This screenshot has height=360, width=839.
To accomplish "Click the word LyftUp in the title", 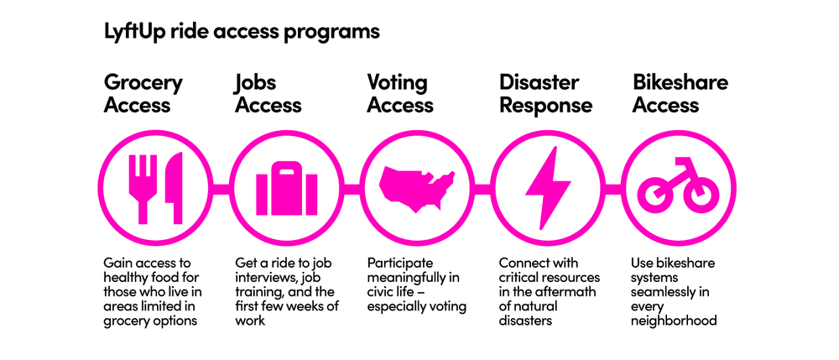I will click(x=133, y=32).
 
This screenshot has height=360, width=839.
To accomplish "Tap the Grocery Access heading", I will click(x=143, y=94).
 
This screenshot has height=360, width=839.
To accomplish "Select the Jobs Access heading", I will click(x=268, y=94).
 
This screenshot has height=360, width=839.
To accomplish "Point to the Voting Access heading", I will click(x=400, y=94).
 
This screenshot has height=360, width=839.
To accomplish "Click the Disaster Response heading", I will click(x=545, y=94).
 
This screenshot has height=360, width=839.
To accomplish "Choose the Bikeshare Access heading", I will click(x=680, y=94).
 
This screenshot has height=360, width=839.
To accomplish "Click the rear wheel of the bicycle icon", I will click(x=655, y=196).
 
